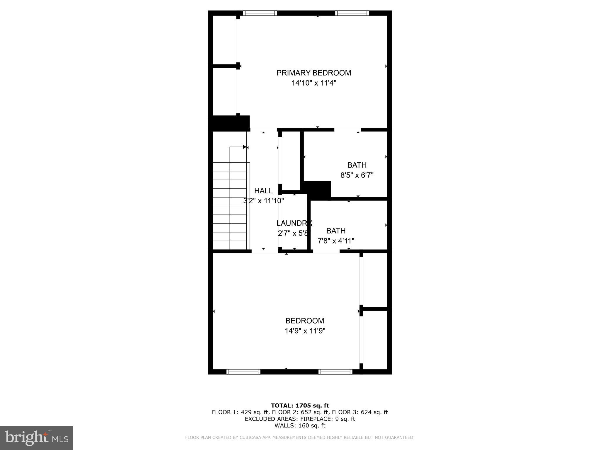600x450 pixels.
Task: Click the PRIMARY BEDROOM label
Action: click(313, 73)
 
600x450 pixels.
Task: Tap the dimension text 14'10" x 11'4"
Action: click(313, 83)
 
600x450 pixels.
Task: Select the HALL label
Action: click(263, 191)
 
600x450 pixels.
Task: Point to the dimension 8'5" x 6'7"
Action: click(357, 175)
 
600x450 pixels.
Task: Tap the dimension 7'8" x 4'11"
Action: click(336, 241)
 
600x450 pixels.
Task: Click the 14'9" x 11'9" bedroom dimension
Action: click(305, 331)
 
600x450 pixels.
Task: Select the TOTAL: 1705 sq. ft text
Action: click(300, 405)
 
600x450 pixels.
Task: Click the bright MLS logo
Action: click(37, 438)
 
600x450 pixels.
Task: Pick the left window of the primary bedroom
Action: click(260, 13)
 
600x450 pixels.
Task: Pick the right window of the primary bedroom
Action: click(352, 13)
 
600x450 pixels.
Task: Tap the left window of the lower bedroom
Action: click(243, 372)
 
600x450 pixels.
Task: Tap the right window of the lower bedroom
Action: click(335, 372)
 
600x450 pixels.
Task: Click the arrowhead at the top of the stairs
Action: click(245, 147)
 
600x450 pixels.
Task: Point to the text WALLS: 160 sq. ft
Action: click(300, 425)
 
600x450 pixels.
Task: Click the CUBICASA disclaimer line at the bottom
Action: click(300, 437)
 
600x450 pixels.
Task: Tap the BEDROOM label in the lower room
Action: click(305, 321)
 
